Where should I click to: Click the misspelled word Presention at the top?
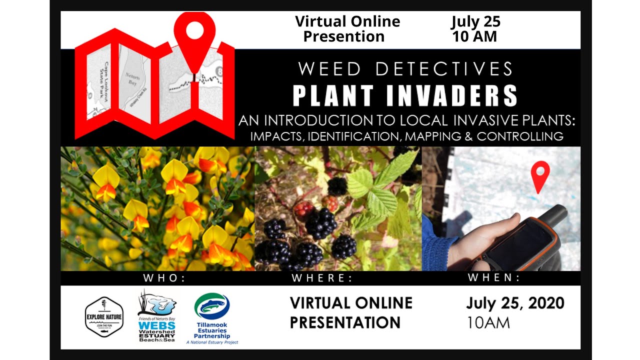click(344, 36)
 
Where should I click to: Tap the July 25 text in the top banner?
click(475, 21)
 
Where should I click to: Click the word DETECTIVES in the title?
click(444, 69)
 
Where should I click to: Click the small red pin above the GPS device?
click(539, 175)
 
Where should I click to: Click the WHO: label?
click(164, 278)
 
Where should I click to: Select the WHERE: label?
click(322, 278)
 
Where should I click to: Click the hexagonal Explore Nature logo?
click(104, 317)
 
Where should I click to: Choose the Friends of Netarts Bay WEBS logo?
click(156, 316)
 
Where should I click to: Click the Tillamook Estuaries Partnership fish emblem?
click(212, 306)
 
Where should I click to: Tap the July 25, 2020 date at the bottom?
click(515, 303)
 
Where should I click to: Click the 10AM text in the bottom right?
click(488, 322)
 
